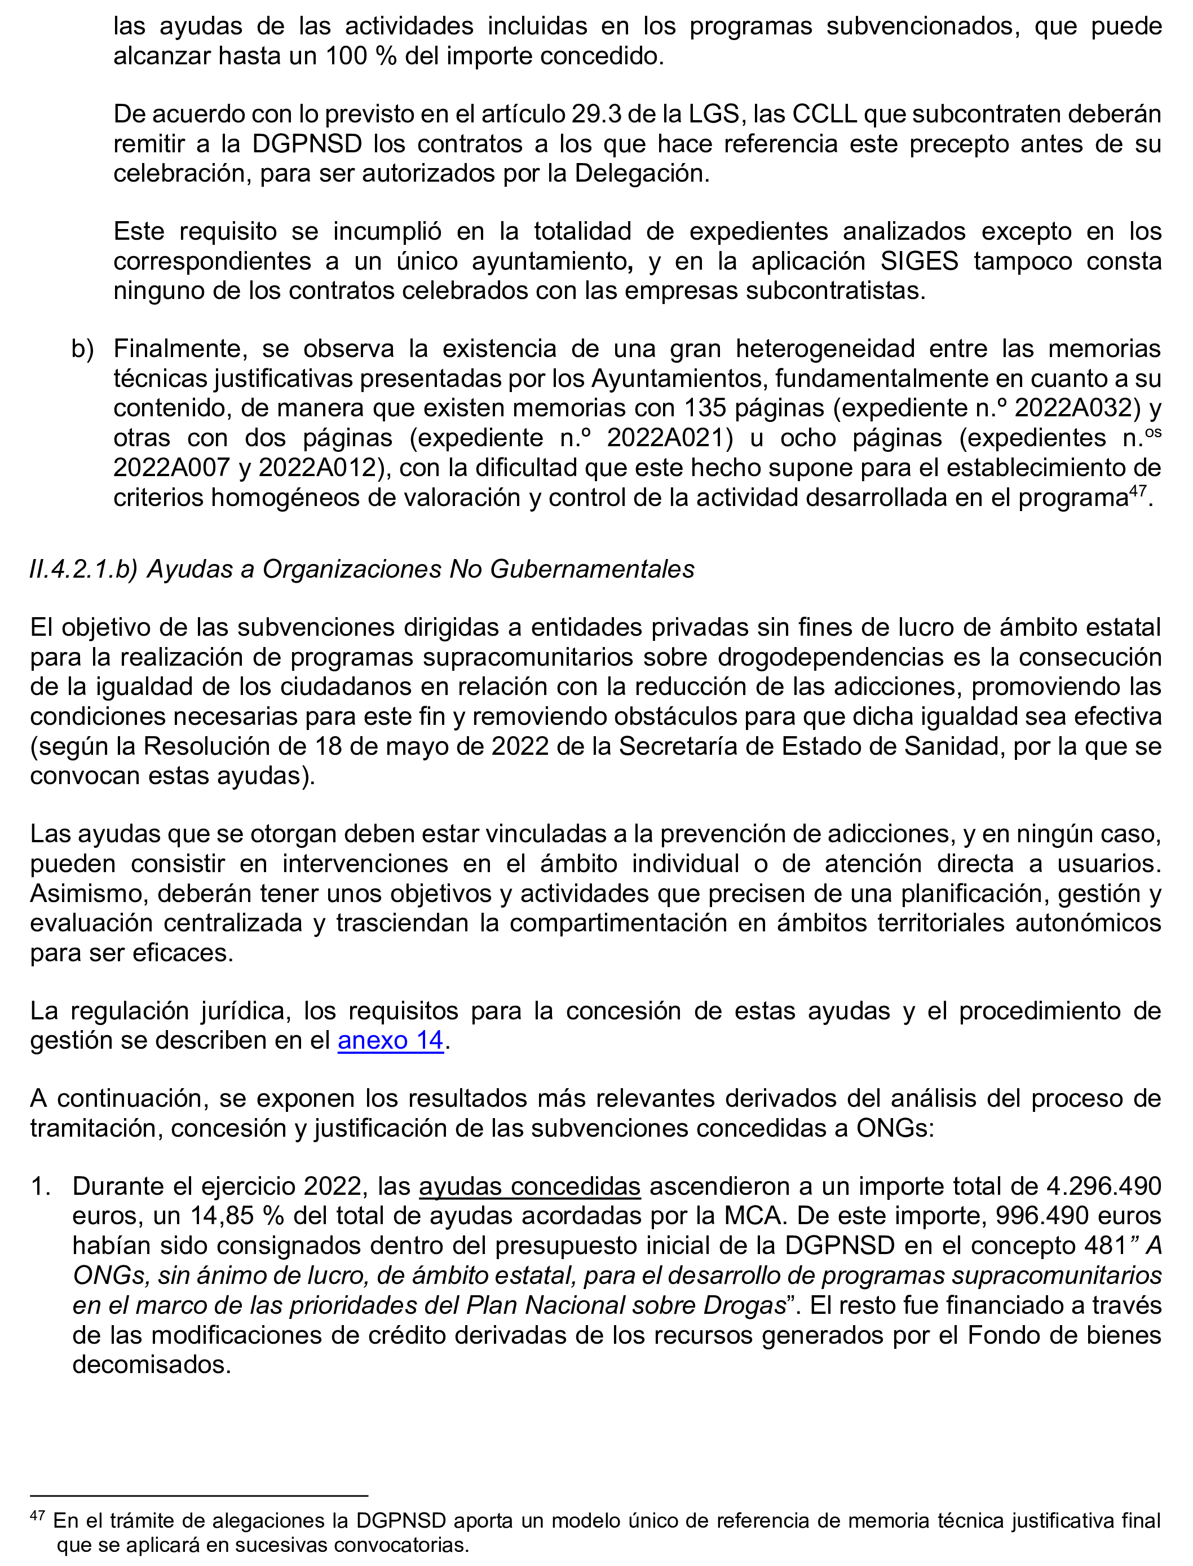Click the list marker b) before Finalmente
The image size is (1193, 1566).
(82, 349)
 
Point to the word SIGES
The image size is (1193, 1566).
(919, 262)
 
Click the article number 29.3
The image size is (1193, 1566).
(595, 114)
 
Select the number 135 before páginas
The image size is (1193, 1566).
(705, 408)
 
